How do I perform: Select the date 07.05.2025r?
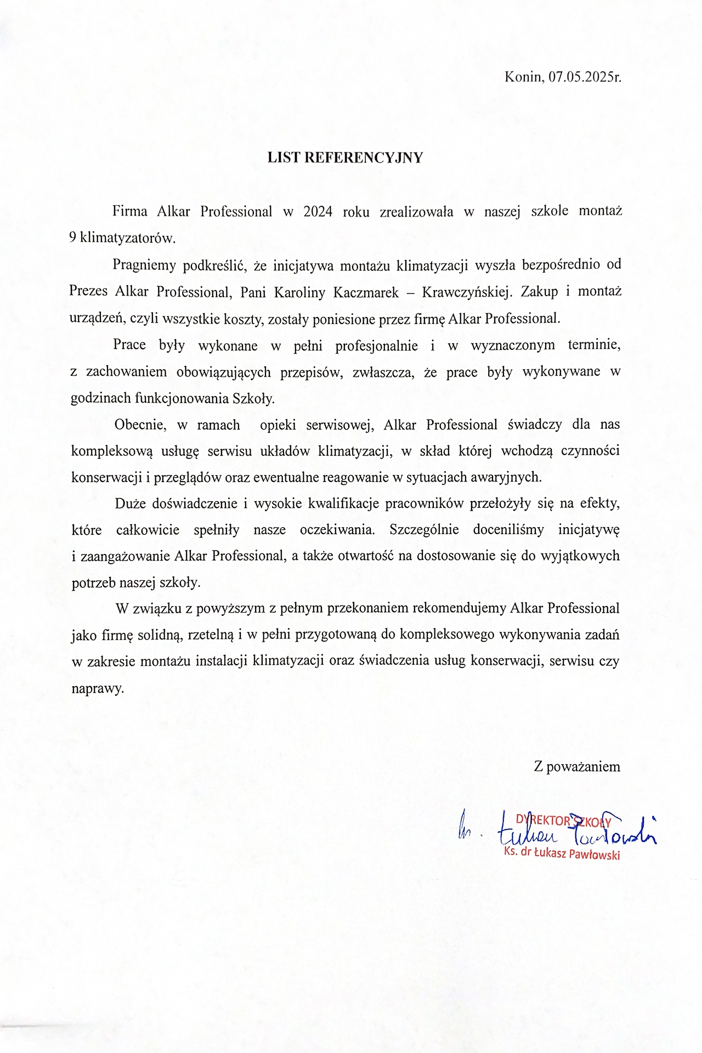[x=585, y=77]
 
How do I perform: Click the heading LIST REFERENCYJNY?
[x=345, y=158]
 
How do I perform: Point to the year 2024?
[x=318, y=212]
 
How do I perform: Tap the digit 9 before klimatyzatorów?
[x=72, y=238]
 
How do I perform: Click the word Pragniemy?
[x=144, y=265]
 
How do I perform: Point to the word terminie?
[x=594, y=346]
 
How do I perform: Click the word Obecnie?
[x=140, y=425]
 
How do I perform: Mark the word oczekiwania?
[x=337, y=530]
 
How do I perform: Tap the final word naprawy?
[x=98, y=688]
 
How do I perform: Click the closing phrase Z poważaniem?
[x=577, y=767]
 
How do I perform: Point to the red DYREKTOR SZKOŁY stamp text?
[x=564, y=821]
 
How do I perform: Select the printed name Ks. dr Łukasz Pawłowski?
[x=562, y=854]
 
